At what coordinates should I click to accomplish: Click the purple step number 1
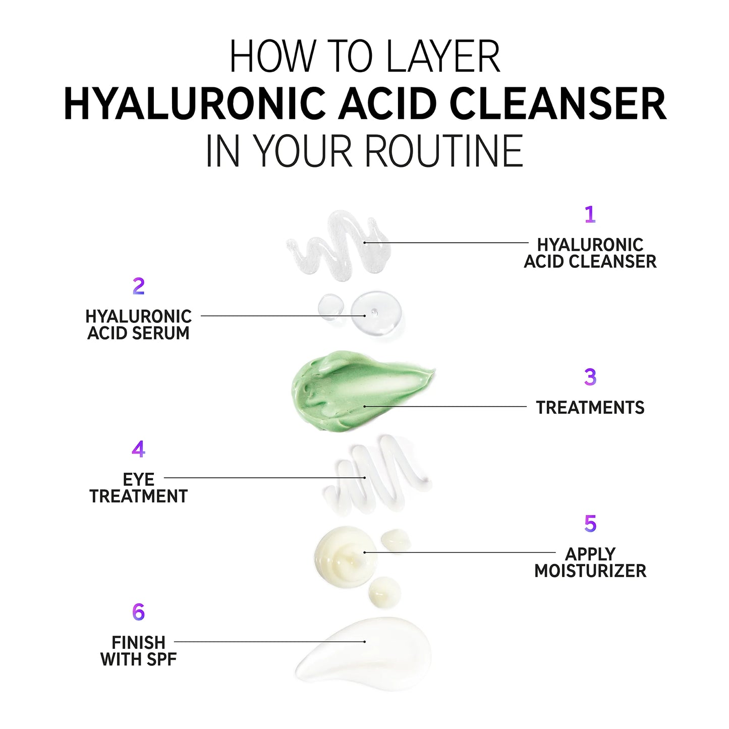click(590, 215)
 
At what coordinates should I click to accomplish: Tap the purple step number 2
click(139, 287)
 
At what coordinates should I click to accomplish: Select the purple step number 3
click(590, 377)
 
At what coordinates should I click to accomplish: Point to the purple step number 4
click(138, 449)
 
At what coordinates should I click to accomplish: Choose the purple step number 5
click(590, 524)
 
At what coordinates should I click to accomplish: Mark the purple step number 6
click(138, 612)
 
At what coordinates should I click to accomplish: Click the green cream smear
click(353, 391)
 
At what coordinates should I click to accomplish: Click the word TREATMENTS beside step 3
click(590, 408)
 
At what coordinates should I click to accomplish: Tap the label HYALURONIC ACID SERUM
click(139, 325)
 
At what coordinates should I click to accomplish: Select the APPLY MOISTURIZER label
click(590, 563)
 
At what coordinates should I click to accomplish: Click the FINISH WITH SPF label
click(139, 651)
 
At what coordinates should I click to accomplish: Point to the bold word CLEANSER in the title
click(557, 104)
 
